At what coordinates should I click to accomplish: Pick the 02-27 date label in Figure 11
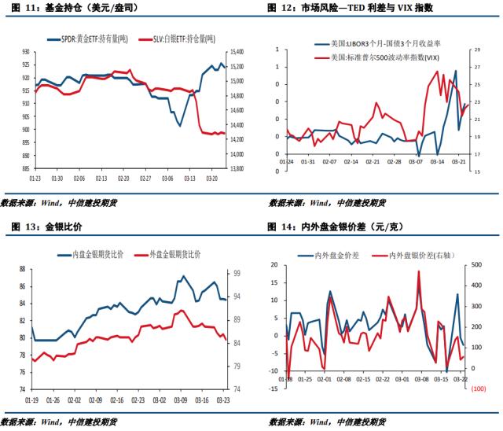(x=146, y=178)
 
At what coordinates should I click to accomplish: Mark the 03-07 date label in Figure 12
(x=416, y=162)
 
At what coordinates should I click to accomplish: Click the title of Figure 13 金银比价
(x=52, y=227)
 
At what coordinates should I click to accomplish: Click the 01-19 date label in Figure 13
(x=32, y=399)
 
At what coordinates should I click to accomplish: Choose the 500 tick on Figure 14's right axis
(x=477, y=265)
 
